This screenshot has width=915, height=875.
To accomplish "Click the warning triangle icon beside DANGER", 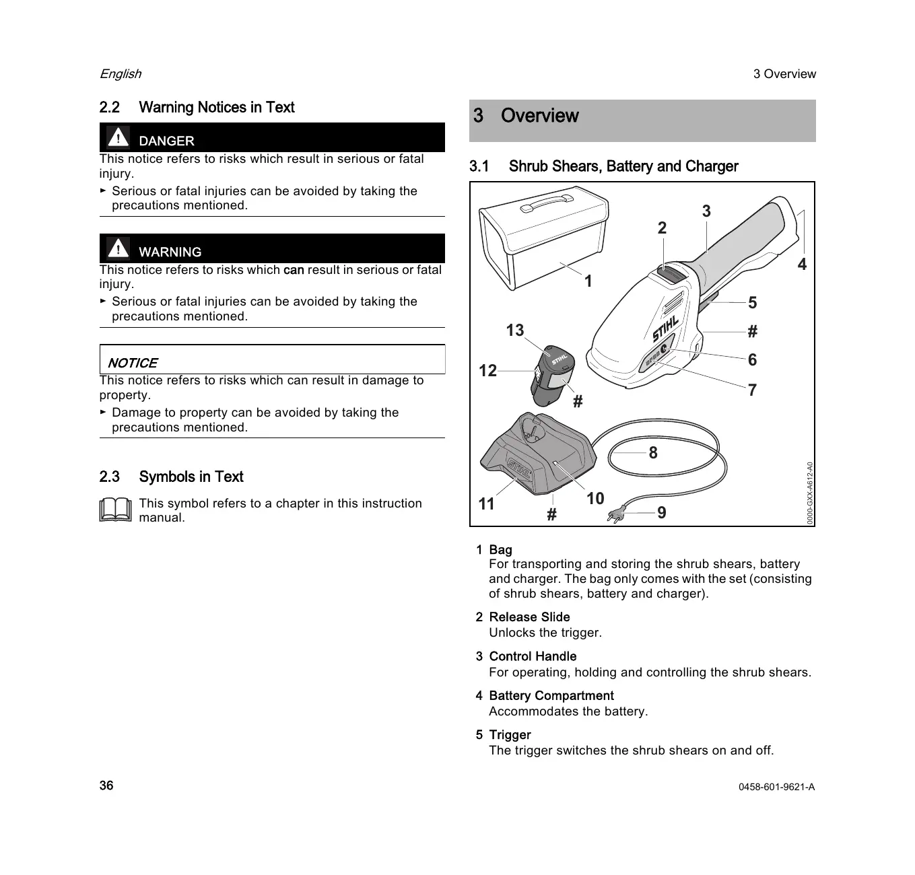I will (118, 138).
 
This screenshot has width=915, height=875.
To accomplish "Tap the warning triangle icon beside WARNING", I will (118, 248).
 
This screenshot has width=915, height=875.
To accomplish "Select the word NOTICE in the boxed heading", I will (133, 363).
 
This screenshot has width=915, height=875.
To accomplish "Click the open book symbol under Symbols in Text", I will (115, 510).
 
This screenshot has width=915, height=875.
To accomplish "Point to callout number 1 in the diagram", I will (588, 281).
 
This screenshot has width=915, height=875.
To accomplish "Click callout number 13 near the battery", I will (514, 330).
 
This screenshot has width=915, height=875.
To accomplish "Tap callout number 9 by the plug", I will (662, 513).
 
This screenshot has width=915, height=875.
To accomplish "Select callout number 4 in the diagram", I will (802, 265).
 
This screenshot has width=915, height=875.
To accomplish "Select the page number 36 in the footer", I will (106, 785).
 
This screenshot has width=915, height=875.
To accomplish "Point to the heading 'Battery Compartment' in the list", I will (551, 696).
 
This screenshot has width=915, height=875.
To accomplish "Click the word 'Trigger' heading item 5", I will (510, 735).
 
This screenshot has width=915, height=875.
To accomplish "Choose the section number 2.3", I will (109, 477).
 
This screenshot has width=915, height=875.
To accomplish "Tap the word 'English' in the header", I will (121, 74).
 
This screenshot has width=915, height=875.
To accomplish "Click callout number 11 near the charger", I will (486, 503).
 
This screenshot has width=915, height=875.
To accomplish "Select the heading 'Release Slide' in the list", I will (529, 617).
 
